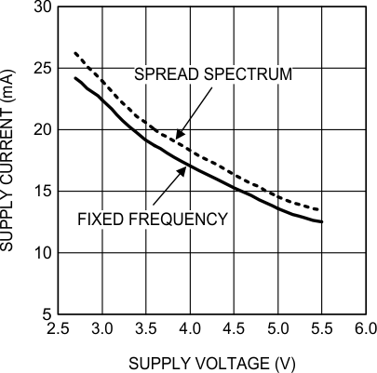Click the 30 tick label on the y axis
coord(43,7)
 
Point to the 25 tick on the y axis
coord(43,68)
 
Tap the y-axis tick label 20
coord(43,129)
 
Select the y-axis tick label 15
coord(43,191)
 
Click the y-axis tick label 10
coord(43,253)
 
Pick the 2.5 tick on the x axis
coord(58,329)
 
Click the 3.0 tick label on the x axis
coord(102,329)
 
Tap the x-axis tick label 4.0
coord(190,329)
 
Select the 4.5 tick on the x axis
coord(235,329)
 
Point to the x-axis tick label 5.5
coord(322,329)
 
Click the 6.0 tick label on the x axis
coord(366,329)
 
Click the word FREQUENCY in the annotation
coord(178,219)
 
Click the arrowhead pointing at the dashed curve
coord(180,134)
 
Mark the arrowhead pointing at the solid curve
coord(182,171)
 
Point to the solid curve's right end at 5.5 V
coord(322,221)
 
